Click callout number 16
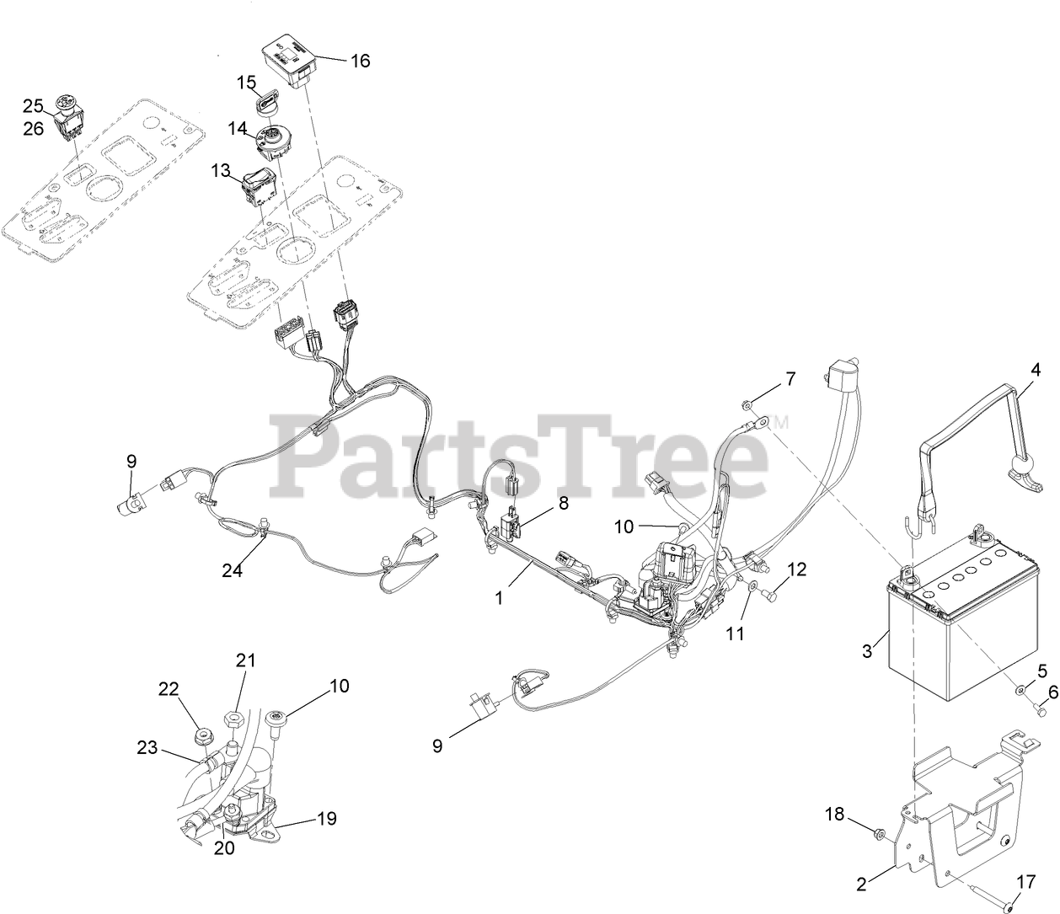(x=360, y=61)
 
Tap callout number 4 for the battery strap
(x=1036, y=369)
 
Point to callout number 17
(x=1025, y=884)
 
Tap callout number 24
(x=232, y=570)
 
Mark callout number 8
(x=563, y=503)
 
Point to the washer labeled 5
(x=1020, y=690)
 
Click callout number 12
(x=796, y=569)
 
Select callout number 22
(x=169, y=688)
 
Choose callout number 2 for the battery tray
(x=861, y=884)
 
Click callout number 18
(x=834, y=814)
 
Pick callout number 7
(x=790, y=378)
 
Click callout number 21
(x=245, y=661)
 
